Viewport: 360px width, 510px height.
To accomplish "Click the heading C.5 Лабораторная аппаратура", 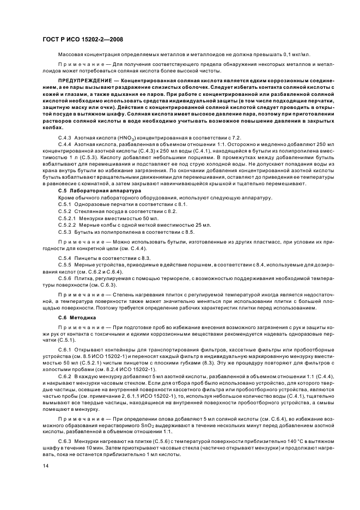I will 89,192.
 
